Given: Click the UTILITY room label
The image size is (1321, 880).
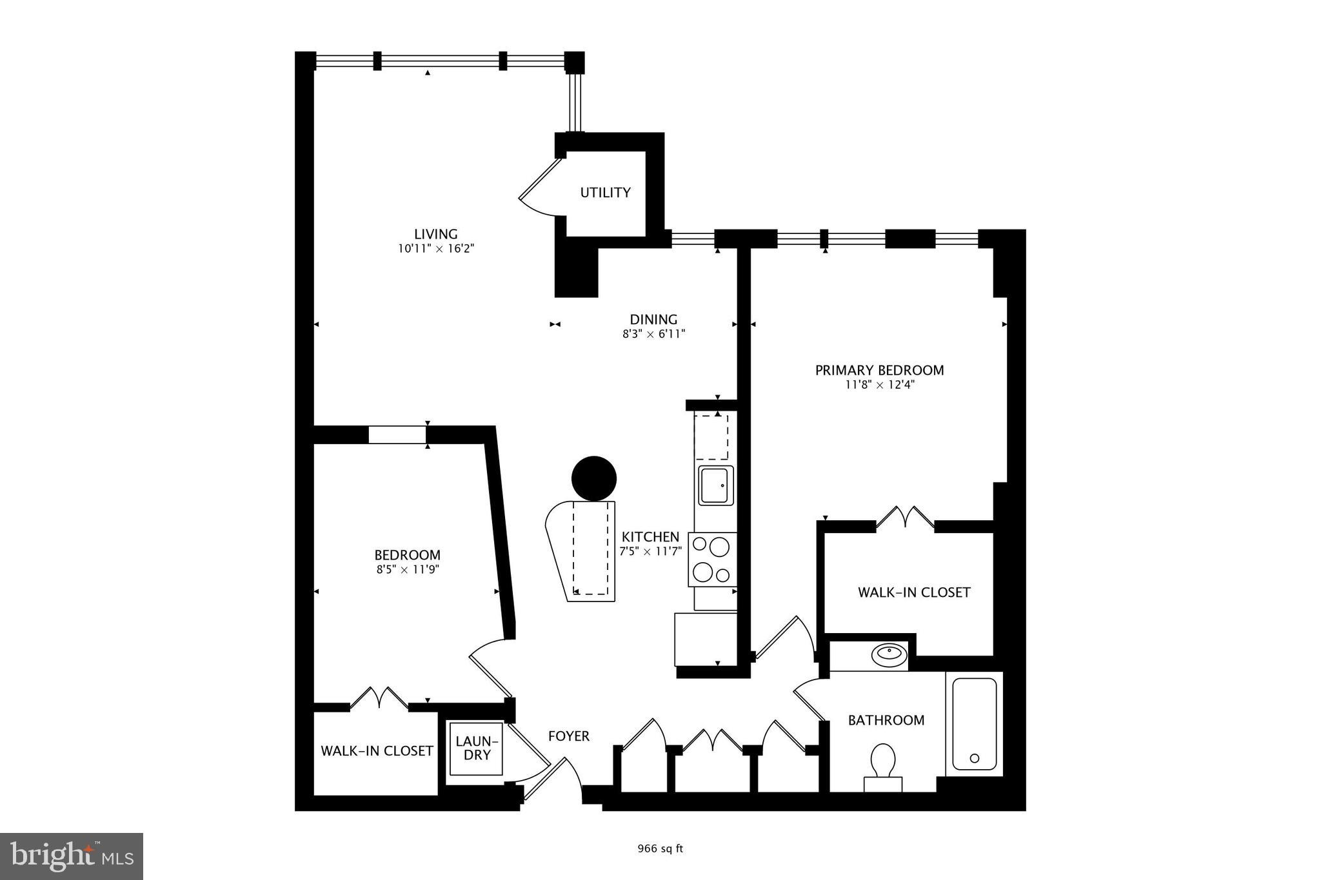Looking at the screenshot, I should pyautogui.click(x=605, y=193).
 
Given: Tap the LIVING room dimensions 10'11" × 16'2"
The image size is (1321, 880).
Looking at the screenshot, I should pyautogui.click(x=436, y=249).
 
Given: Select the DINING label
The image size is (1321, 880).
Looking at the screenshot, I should pyautogui.click(x=653, y=319).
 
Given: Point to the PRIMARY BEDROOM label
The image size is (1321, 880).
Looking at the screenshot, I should pyautogui.click(x=879, y=370).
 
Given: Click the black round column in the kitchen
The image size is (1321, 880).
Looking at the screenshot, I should pyautogui.click(x=593, y=478).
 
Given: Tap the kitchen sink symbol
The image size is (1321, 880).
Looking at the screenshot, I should pyautogui.click(x=715, y=485).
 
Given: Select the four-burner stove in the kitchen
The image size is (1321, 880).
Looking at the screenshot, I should pyautogui.click(x=712, y=560).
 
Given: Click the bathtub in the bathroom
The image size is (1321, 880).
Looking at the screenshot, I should pyautogui.click(x=974, y=723).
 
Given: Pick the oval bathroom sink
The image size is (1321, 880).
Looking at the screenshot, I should pyautogui.click(x=889, y=655).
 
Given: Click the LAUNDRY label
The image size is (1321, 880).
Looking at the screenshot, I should pyautogui.click(x=477, y=748).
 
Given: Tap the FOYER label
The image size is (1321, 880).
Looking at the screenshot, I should pyautogui.click(x=568, y=736).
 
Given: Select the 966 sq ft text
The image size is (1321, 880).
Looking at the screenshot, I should pyautogui.click(x=660, y=849).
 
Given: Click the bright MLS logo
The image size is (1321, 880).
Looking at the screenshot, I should pyautogui.click(x=72, y=856).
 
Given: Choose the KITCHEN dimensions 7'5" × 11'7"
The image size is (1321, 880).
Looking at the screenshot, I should pyautogui.click(x=650, y=552).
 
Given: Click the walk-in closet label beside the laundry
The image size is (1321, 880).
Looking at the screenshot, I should pyautogui.click(x=377, y=751).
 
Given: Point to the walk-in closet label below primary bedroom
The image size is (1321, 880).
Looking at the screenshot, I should pyautogui.click(x=913, y=592).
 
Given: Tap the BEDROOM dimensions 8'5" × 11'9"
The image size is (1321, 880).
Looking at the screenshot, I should pyautogui.click(x=407, y=570).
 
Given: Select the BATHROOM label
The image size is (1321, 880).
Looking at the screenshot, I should pyautogui.click(x=886, y=720).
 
